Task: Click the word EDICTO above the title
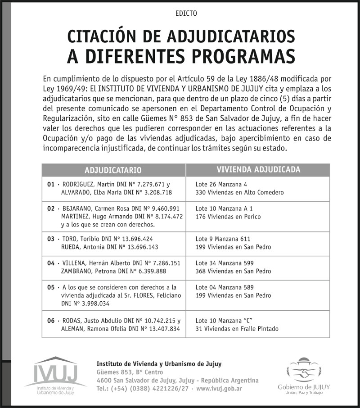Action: pyautogui.click(x=186, y=14)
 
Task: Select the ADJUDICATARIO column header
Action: pyautogui.click(x=113, y=170)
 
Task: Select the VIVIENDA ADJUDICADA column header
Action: pyautogui.click(x=258, y=170)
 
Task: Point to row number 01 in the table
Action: pyautogui.click(x=50, y=185)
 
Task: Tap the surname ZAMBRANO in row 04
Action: pyautogui.click(x=76, y=271)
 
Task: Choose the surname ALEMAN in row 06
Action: pyautogui.click(x=72, y=329)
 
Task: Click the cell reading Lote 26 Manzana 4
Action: pyautogui.click(x=221, y=185)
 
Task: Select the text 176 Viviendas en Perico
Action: pyautogui.click(x=228, y=217)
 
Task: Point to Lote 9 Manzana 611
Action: pyautogui.click(x=223, y=239)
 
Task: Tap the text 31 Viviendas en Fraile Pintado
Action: pyautogui.click(x=237, y=329)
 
